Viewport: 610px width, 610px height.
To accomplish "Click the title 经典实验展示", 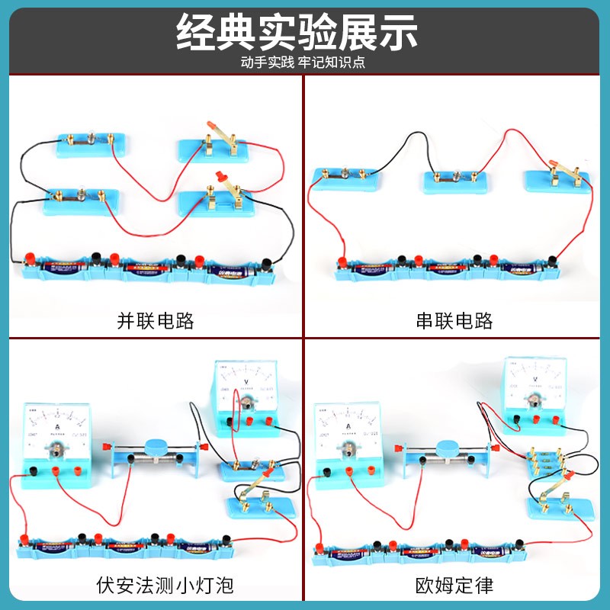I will tap(297, 32).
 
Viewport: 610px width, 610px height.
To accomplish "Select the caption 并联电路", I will tap(156, 320).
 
